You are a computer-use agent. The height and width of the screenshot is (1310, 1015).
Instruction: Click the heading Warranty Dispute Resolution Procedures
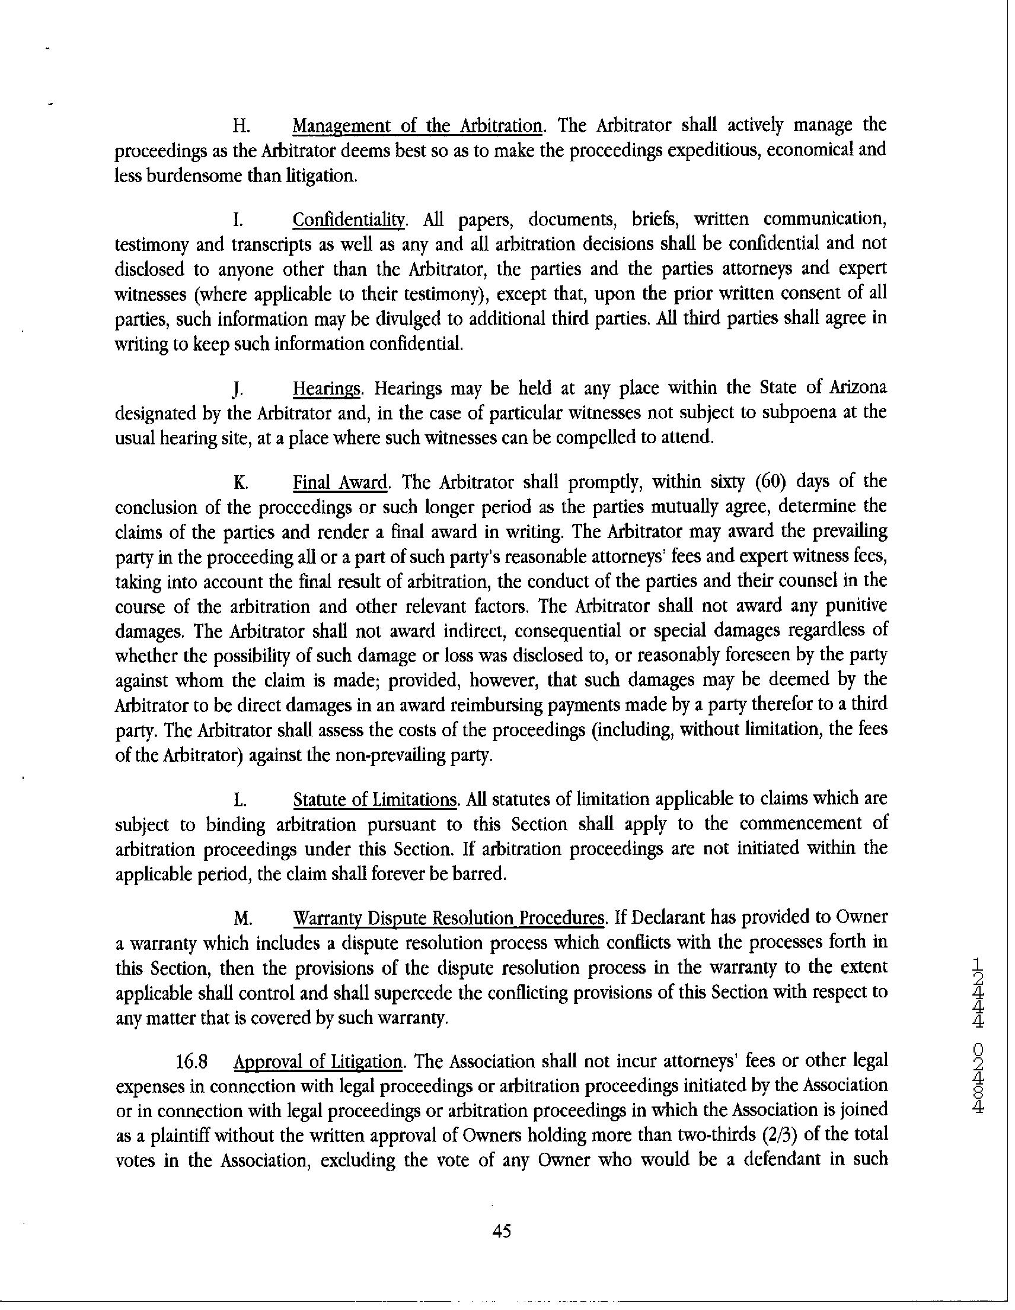click(x=447, y=917)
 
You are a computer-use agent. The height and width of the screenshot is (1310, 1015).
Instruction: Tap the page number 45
click(x=501, y=1231)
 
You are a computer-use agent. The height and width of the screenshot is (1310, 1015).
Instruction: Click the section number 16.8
click(x=192, y=1061)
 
